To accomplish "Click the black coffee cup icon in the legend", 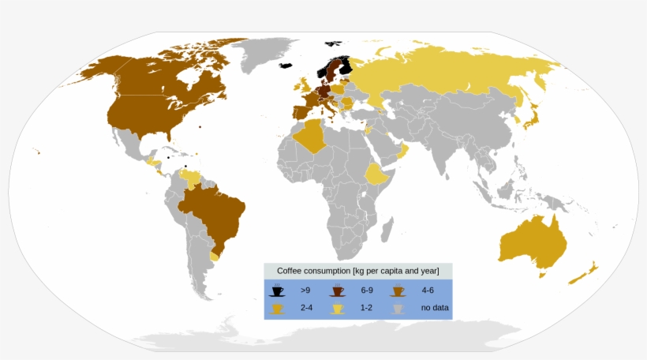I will [x=277, y=290].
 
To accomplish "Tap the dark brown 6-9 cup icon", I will [x=338, y=290].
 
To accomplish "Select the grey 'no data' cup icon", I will [x=398, y=307].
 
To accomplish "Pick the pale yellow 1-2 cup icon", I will [x=338, y=307].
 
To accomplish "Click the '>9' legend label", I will [x=305, y=291].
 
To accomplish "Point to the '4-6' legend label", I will [x=428, y=291].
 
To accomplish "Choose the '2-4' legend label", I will [x=305, y=308].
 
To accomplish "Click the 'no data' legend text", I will [x=436, y=308].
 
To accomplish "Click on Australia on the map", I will [x=533, y=241].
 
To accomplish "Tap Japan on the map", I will [x=533, y=118].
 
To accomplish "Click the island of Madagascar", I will [x=387, y=231].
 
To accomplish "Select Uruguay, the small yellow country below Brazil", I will [x=215, y=256].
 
